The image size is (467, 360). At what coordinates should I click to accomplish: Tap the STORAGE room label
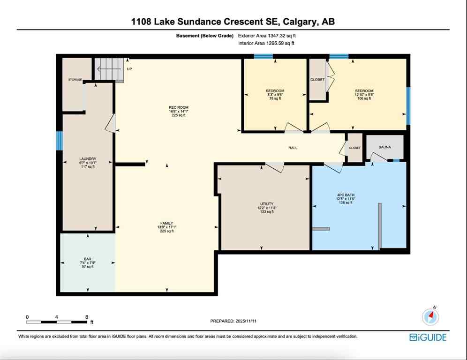click(x=75, y=80)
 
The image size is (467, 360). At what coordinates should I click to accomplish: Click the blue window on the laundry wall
click(x=60, y=141)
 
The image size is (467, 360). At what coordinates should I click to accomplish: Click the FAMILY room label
click(x=166, y=223)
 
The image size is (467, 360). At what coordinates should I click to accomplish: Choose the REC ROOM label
click(x=179, y=107)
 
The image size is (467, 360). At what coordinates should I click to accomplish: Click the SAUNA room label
click(x=384, y=147)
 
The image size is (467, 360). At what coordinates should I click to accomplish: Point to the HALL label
click(x=293, y=148)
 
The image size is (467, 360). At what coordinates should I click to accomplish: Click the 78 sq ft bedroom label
click(x=275, y=91)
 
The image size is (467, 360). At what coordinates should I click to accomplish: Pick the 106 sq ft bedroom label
click(x=364, y=91)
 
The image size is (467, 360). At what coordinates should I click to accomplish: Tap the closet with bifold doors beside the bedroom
click(x=317, y=80)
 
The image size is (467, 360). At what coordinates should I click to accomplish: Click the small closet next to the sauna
click(x=354, y=148)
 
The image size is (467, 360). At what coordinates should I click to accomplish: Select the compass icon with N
click(x=430, y=316)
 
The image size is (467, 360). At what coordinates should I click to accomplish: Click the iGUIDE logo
click(x=428, y=337)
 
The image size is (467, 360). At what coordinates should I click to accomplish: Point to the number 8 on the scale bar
click(x=86, y=317)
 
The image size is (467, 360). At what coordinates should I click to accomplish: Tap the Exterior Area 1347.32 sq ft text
click(x=267, y=36)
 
